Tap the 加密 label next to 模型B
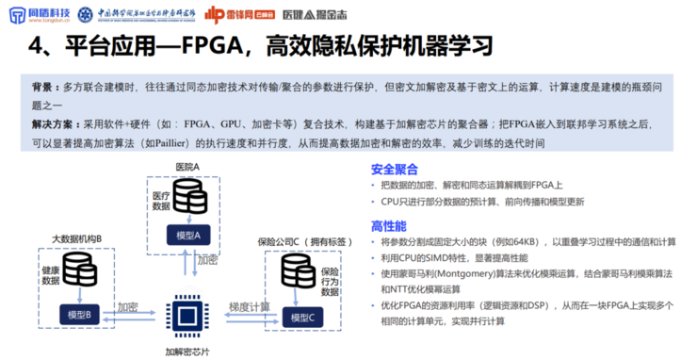pyautogui.click(x=129, y=307)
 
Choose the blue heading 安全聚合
pyautogui.click(x=394, y=171)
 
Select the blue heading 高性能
pyautogui.click(x=388, y=226)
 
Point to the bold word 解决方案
pyautogui.click(x=53, y=123)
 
